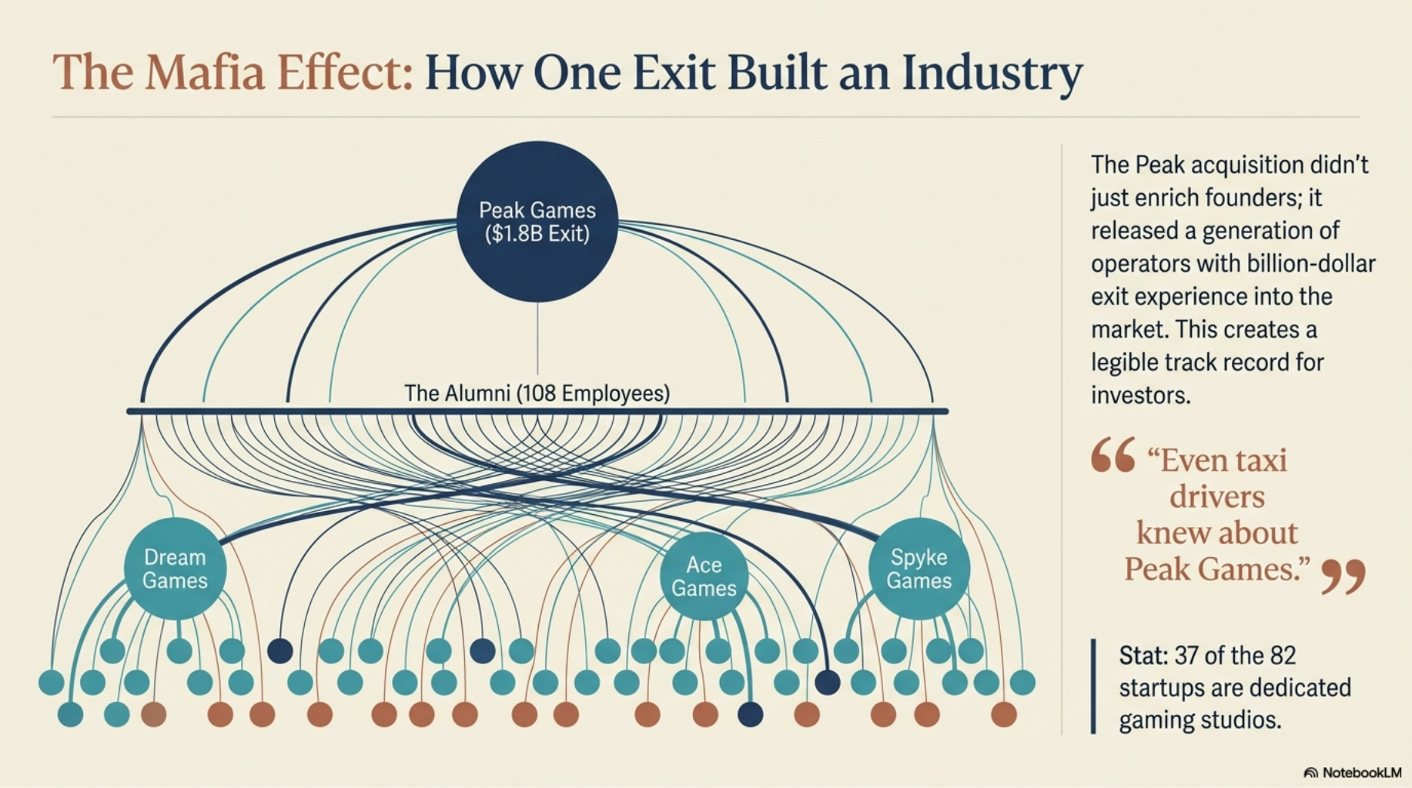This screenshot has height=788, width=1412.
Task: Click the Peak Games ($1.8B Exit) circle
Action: [x=537, y=222]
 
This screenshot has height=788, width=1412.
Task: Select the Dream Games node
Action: [x=175, y=569]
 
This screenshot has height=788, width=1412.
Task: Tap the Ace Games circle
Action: [x=704, y=576]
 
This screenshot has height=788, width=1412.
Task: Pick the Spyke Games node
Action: [x=918, y=569]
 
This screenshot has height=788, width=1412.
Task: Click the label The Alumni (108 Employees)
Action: [x=537, y=393]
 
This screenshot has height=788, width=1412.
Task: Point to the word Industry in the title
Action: [x=992, y=75]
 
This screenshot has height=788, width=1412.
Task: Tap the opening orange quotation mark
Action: [x=1113, y=455]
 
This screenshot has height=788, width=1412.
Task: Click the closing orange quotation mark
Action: [x=1343, y=576]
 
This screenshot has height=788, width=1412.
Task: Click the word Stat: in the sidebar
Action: [x=1143, y=656]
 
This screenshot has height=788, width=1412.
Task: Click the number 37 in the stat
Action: [x=1188, y=656]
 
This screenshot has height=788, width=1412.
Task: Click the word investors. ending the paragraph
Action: [x=1140, y=396]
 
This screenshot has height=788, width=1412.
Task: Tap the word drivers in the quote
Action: [x=1216, y=496]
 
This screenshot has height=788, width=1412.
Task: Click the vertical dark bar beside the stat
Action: [x=1093, y=686]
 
